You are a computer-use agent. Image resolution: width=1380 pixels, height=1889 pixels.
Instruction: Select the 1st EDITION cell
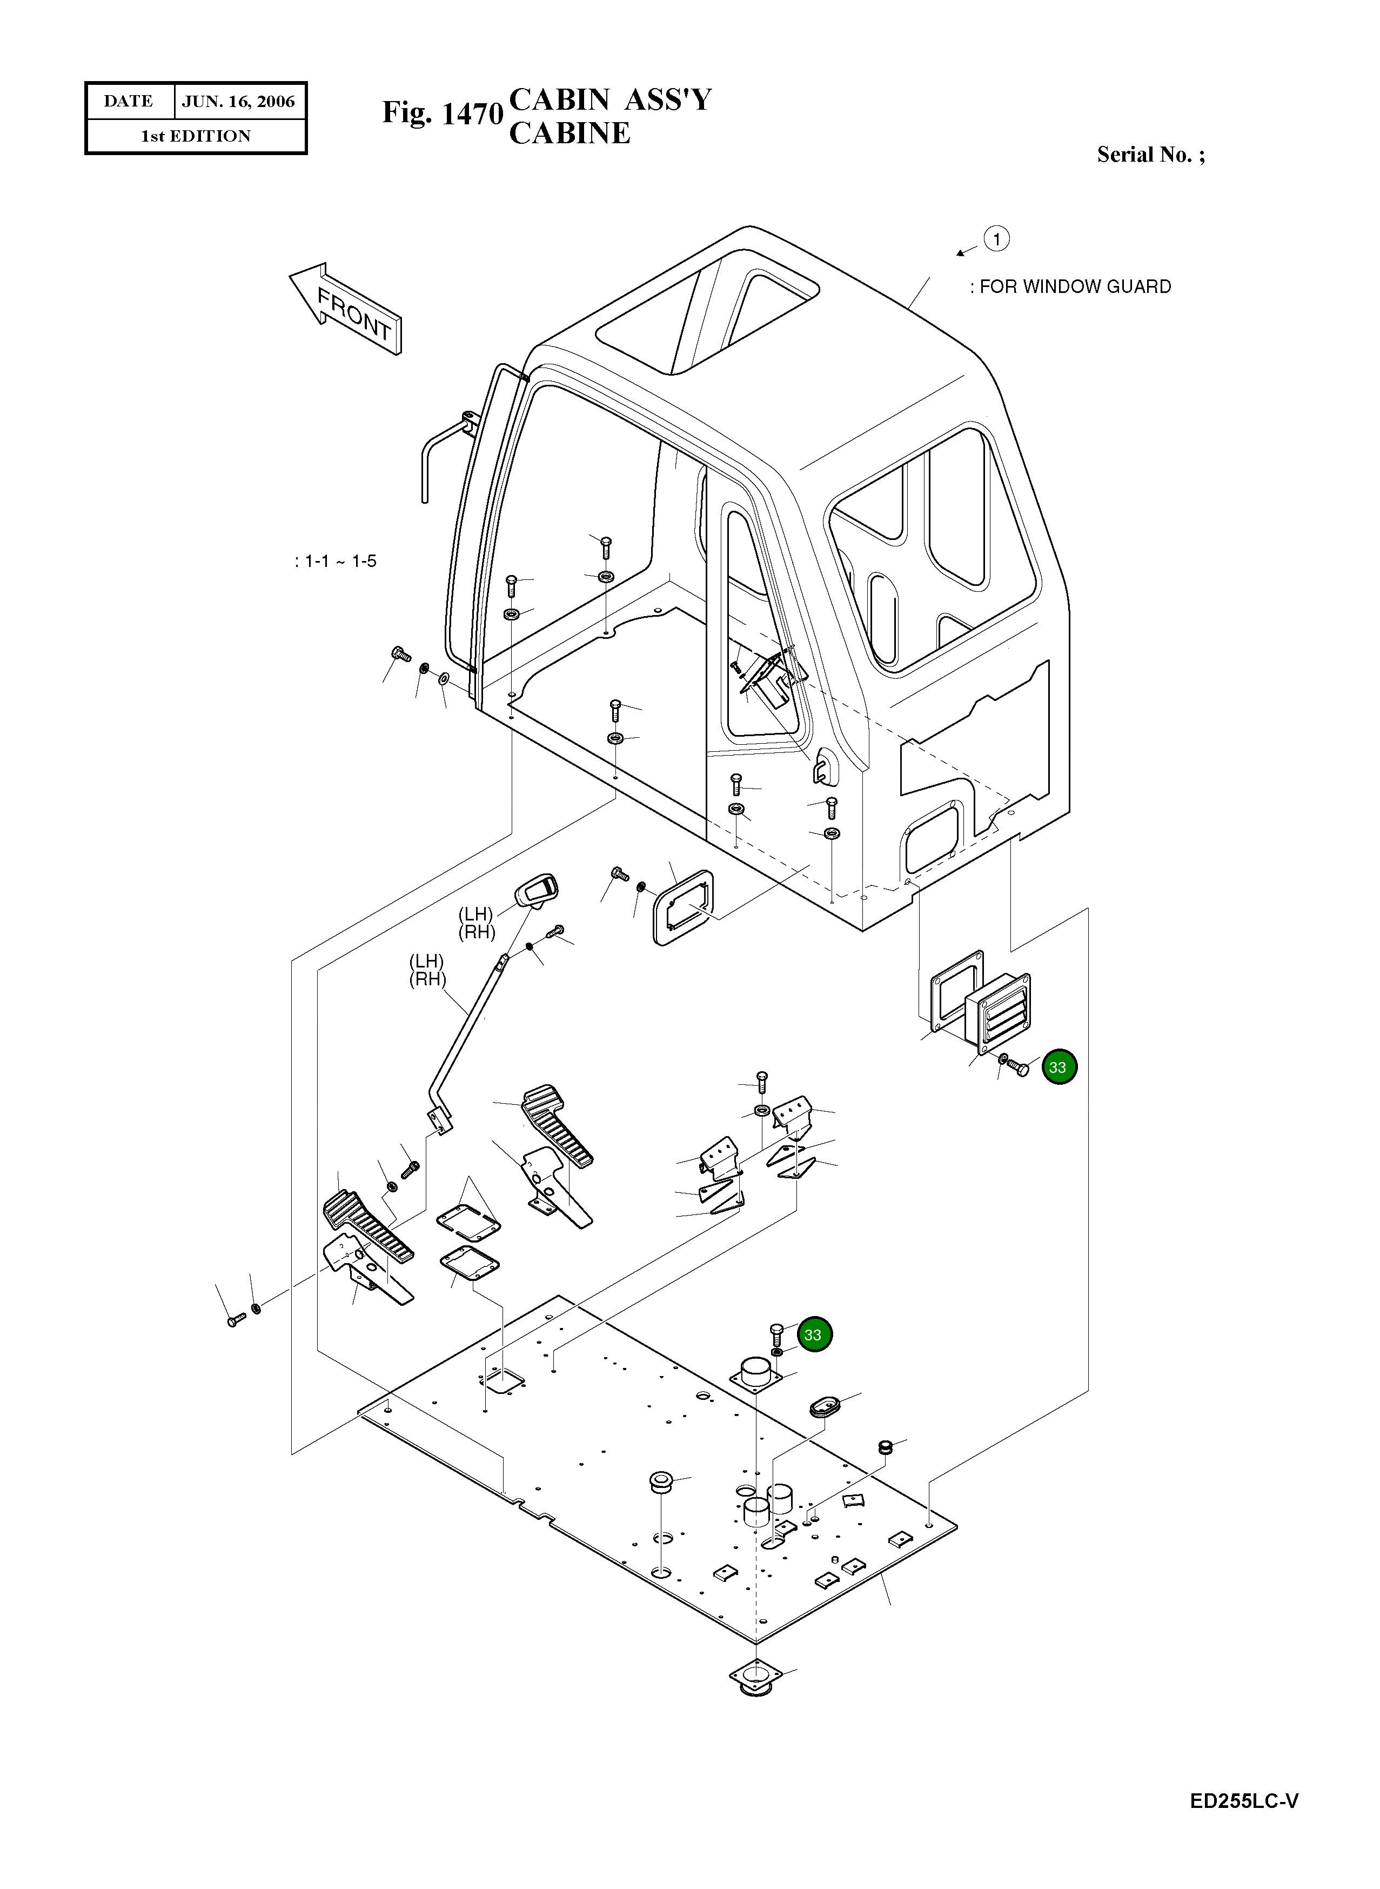coord(196,136)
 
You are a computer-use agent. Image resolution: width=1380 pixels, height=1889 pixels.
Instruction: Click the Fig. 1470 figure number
coord(442,113)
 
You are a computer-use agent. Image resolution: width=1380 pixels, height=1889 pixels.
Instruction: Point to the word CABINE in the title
coord(570,134)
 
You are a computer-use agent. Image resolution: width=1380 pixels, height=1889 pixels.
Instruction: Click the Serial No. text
coord(1149,155)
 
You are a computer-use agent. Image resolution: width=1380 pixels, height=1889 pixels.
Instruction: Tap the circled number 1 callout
coord(996,239)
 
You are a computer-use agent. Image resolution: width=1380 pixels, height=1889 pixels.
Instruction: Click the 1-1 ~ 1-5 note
coord(336,562)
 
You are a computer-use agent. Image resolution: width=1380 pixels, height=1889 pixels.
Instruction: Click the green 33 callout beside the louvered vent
coord(1059,1067)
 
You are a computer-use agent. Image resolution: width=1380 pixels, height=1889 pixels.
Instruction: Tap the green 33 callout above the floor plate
coord(814,1334)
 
